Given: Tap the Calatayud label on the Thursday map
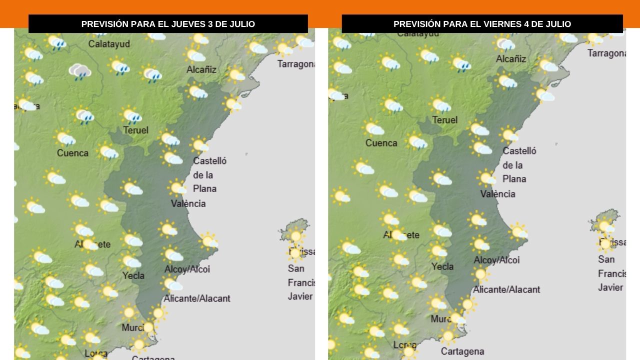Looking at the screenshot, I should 109,44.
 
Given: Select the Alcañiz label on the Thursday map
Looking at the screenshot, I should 201,69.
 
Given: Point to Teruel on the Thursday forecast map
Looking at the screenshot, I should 136,130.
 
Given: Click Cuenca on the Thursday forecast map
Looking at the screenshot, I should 72,153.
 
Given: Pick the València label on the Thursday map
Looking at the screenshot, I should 188,203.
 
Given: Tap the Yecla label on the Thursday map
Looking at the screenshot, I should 133,275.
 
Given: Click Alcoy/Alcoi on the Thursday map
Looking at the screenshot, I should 187,269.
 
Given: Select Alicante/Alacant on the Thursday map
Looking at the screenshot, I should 197,298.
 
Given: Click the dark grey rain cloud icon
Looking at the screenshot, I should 79,71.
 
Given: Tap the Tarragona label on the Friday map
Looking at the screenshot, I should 606,53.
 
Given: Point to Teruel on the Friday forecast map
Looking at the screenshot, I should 444,120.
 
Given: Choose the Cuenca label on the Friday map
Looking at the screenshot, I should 381,143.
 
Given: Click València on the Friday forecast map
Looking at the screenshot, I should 497,193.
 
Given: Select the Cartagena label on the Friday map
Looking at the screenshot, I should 462,351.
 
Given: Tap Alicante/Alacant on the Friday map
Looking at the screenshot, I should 506,289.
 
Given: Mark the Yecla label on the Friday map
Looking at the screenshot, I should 442,266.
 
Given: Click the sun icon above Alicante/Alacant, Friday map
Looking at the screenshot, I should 480,274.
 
